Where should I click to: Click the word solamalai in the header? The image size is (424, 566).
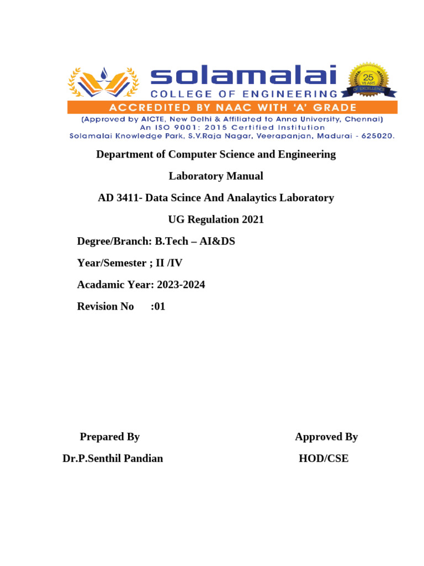point(243,77)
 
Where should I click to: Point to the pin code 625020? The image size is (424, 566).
point(376,135)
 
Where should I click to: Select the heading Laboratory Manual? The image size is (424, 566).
point(216,176)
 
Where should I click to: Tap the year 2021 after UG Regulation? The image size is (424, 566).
point(252,219)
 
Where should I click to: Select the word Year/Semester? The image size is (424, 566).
point(110,263)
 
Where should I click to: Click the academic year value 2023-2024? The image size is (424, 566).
point(181,285)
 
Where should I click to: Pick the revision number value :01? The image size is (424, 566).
point(158,306)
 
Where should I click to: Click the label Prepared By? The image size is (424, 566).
point(110,437)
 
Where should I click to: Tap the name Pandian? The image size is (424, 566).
point(144,458)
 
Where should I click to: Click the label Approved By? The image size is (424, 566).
point(326,437)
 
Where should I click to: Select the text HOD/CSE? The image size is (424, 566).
point(324,458)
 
